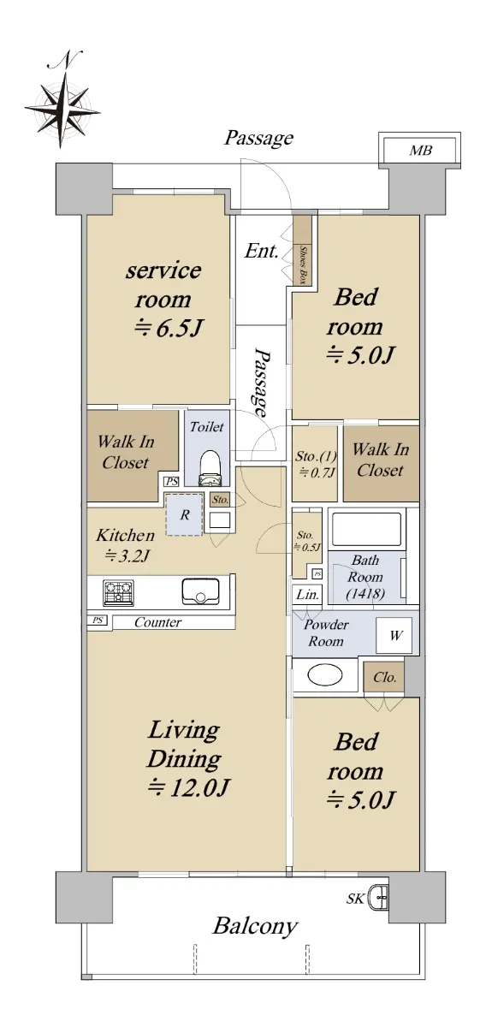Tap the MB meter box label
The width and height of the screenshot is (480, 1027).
420,150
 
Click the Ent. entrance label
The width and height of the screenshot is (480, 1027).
261,251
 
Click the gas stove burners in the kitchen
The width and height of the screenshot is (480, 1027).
119,593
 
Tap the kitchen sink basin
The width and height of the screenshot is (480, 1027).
200,591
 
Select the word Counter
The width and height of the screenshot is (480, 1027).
157,622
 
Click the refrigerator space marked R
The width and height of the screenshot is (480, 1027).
184,514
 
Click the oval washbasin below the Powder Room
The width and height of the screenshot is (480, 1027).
325,675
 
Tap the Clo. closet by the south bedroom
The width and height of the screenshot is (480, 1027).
384,677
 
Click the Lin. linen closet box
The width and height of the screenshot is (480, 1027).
307,595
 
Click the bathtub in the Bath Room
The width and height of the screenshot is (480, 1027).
366,529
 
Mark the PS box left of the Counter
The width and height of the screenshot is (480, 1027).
98,620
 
